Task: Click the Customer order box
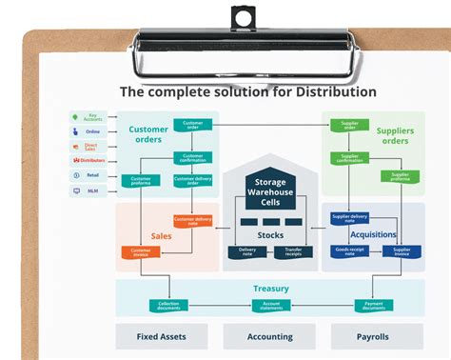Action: pos(192,124)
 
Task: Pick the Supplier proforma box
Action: pos(400,175)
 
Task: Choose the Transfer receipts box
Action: pos(293,251)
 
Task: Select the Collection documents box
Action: pos(168,305)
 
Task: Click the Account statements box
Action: pos(271,305)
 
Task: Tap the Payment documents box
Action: pos(374,305)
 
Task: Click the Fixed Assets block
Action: pos(162,336)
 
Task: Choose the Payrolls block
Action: pos(375,336)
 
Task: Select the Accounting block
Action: pos(269,336)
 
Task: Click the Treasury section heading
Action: pos(271,289)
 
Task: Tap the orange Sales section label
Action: pos(161,235)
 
